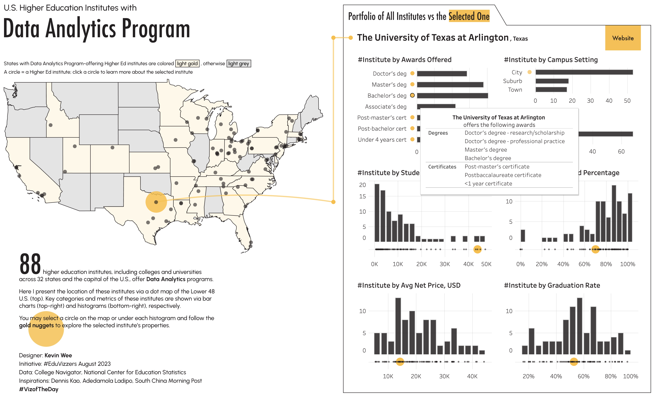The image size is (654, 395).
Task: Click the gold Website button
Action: pos(623,38)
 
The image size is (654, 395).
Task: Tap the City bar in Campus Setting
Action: pos(584,72)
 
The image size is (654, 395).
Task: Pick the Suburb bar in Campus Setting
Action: pos(552,81)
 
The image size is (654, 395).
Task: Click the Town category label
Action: pos(515,90)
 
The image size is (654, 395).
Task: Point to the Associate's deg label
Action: pos(386,107)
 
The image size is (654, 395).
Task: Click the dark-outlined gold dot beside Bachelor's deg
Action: pos(412,95)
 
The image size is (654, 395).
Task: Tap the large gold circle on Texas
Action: pos(156,202)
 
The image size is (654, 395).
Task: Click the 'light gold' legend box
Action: pos(187,64)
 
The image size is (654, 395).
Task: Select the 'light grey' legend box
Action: pos(238,64)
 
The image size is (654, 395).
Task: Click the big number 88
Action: pos(30,264)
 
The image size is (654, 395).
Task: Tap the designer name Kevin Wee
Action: pos(58,355)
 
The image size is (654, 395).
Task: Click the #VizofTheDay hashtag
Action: pos(39,389)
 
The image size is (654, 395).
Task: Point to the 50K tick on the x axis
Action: pos(486,264)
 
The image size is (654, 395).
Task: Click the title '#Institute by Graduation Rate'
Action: pos(552,285)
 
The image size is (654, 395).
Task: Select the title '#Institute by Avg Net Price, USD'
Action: pos(409,285)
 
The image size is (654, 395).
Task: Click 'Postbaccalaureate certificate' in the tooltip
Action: pos(503,175)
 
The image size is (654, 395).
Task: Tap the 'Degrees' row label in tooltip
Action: pos(438,133)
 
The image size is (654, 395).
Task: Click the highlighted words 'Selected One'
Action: pos(469,16)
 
